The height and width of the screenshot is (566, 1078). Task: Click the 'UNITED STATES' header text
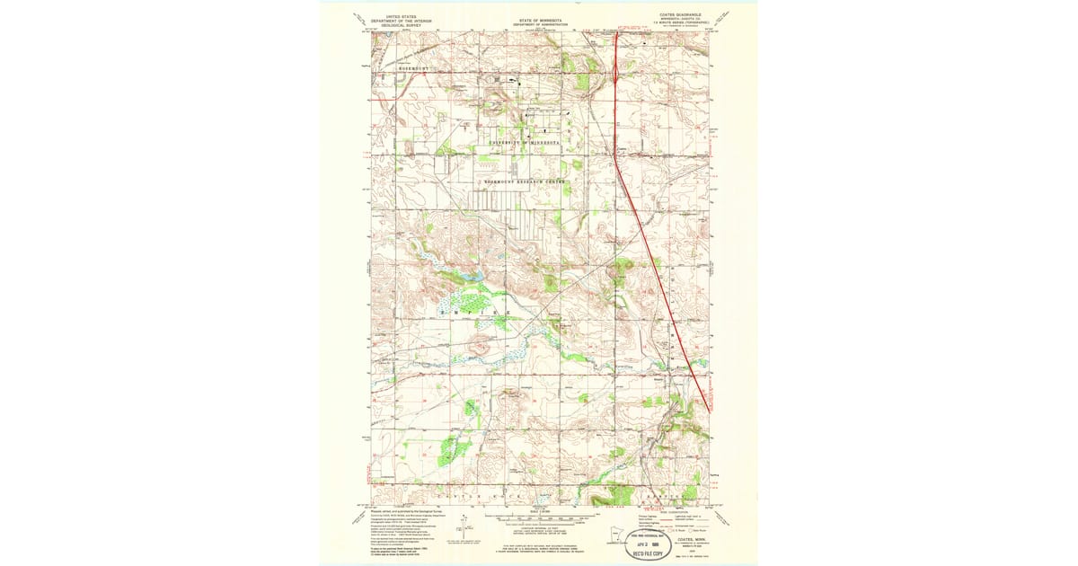(400, 15)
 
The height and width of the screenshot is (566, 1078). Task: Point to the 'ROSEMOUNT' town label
(393, 67)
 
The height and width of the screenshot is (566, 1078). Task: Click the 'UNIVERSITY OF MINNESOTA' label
(526, 143)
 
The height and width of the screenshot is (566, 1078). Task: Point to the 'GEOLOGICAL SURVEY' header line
(400, 26)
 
